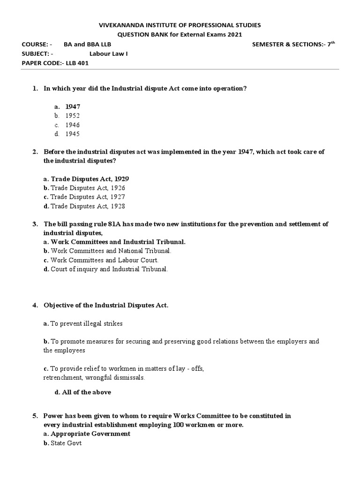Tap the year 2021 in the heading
click(234, 34)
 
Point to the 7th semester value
click(331, 44)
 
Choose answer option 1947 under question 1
click(73, 106)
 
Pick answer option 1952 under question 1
click(73, 115)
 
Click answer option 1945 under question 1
click(73, 134)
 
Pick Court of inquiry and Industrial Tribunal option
click(105, 269)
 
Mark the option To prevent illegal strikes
click(83, 323)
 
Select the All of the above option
click(83, 392)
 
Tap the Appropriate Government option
click(87, 434)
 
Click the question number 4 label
click(35, 305)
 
